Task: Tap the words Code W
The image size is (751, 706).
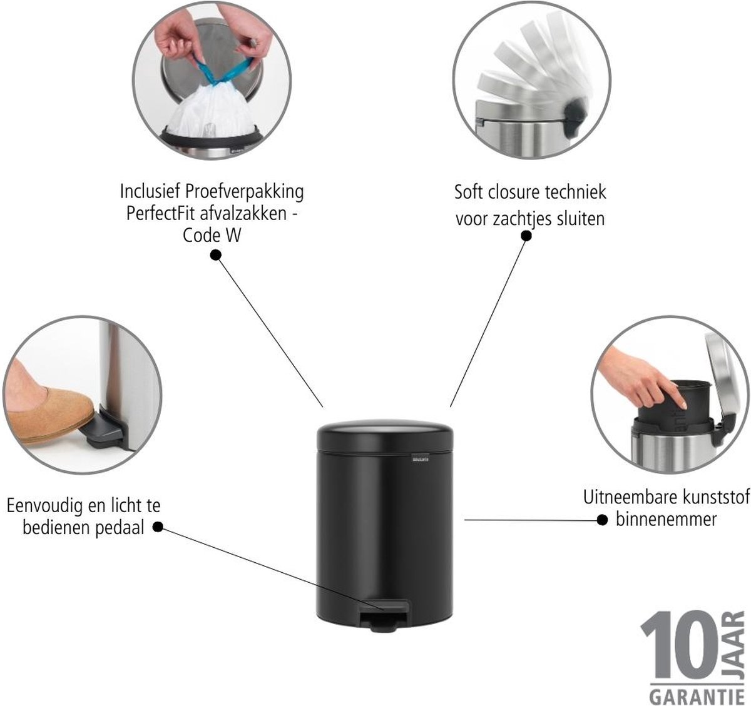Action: [212, 236]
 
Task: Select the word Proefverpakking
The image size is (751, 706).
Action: [244, 193]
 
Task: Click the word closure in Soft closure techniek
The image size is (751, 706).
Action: [509, 193]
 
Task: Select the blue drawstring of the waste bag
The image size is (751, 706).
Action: [223, 71]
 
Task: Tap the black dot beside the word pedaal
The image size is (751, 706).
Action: [158, 527]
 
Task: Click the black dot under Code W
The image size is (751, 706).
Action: [215, 255]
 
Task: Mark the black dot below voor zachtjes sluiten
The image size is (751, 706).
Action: [526, 236]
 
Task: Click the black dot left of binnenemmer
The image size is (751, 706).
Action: [603, 520]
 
